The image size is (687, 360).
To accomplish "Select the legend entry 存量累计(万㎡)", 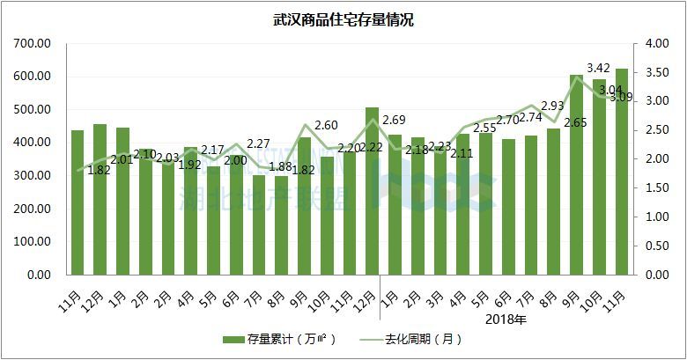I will [x=273, y=339].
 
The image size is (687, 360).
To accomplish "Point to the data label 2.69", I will [x=395, y=120].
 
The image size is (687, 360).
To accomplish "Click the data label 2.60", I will [x=326, y=126].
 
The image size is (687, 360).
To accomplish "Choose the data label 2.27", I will [x=258, y=144].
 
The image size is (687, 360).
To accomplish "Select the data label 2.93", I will [x=553, y=106].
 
